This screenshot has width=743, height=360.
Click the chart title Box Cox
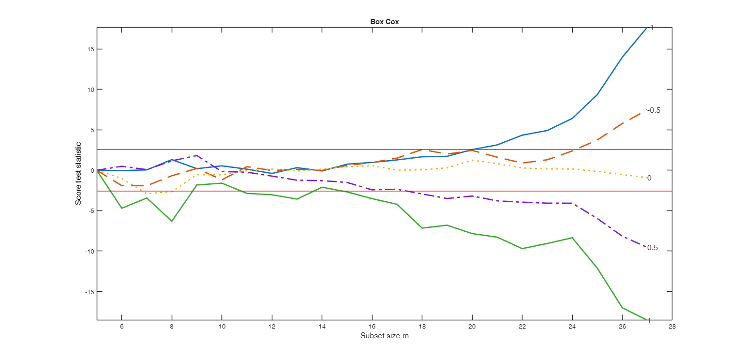[x=385, y=22]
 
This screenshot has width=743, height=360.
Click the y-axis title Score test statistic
[x=78, y=173]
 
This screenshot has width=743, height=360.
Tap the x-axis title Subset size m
[x=385, y=335]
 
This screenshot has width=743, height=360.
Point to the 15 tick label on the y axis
[x=90, y=49]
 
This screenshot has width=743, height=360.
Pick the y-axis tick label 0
[x=92, y=170]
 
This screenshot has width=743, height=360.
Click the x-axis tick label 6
[x=121, y=326]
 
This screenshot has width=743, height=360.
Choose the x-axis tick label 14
[x=322, y=326]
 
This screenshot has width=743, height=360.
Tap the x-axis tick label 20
[x=472, y=326]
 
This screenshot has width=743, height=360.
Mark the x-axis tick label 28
[x=672, y=326]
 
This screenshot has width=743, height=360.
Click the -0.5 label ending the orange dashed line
[x=654, y=110]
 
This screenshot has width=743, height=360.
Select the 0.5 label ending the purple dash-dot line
[x=652, y=248]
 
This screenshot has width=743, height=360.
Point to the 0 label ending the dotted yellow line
[x=649, y=178]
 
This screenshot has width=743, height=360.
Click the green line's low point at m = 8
[x=172, y=221]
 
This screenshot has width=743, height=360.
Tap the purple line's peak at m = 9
[x=196, y=155]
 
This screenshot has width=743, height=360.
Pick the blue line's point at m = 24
[x=572, y=118]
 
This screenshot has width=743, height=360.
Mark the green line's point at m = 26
[x=623, y=308]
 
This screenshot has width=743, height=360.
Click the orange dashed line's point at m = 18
[x=422, y=150]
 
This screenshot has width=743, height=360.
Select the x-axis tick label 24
[x=572, y=326]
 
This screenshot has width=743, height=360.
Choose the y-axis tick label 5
[x=92, y=130]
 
